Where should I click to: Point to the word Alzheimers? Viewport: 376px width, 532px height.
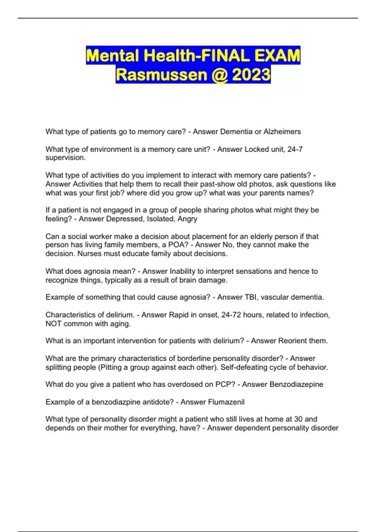click(282, 132)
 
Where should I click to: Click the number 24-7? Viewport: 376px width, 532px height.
click(295, 149)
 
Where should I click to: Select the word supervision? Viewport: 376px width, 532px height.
click(65, 158)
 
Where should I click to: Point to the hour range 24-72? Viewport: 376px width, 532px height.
click(231, 315)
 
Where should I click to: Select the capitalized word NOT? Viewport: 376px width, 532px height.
click(53, 324)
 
